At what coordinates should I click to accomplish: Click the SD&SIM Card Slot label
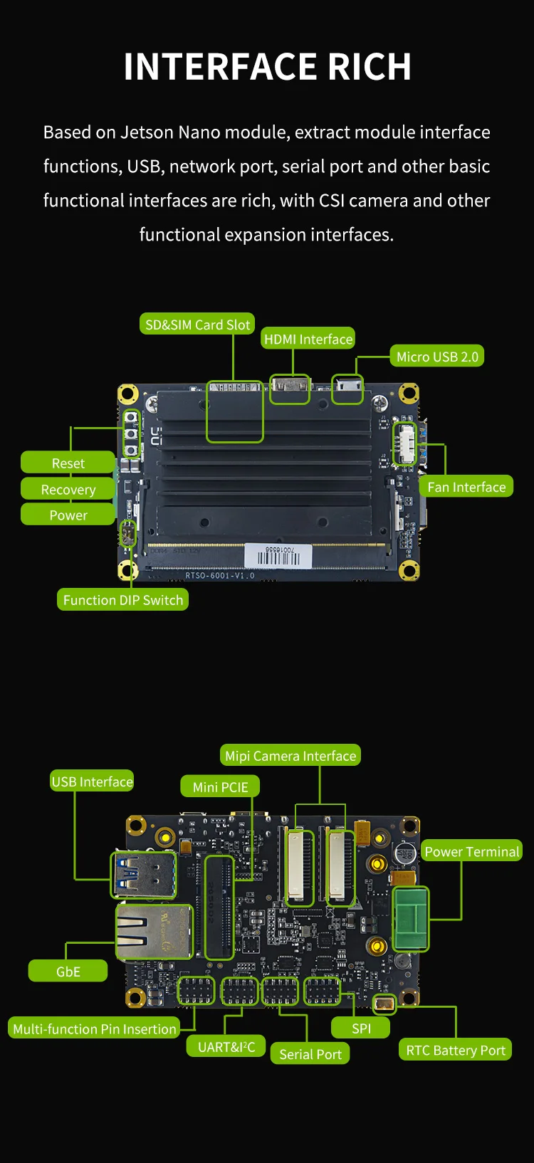(x=197, y=325)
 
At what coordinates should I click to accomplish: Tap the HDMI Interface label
(x=308, y=339)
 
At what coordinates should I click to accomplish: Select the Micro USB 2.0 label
(x=436, y=357)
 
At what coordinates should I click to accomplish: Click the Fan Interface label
(x=466, y=487)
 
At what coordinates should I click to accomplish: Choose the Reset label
(x=68, y=463)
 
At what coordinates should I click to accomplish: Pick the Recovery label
(x=68, y=490)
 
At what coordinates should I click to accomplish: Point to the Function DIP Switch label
(x=122, y=600)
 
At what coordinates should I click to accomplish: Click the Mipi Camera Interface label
(x=290, y=756)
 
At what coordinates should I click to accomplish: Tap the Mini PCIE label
(x=220, y=787)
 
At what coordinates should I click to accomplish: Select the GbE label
(x=68, y=972)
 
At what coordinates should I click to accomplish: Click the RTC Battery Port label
(x=455, y=1050)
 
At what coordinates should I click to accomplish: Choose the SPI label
(x=361, y=1028)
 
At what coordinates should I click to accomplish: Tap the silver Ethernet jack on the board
(x=153, y=932)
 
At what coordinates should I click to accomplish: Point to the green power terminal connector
(x=411, y=919)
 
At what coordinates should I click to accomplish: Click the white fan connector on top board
(x=405, y=444)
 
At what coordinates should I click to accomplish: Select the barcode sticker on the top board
(x=278, y=556)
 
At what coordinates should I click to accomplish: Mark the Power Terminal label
(x=471, y=852)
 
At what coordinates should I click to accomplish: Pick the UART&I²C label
(x=226, y=1047)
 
